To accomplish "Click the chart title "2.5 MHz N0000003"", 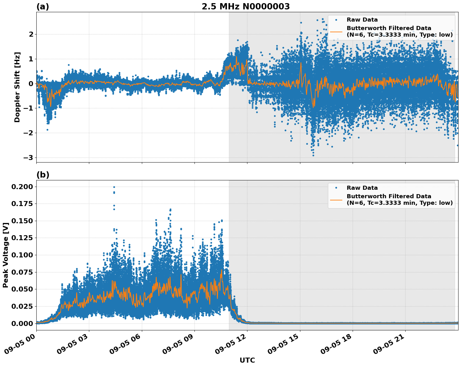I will [x=246, y=7].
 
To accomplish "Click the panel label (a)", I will [x=43, y=7].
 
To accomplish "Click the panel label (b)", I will [x=43, y=175].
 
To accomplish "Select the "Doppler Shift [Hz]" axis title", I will [x=17, y=87].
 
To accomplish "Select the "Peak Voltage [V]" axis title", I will [x=5, y=255].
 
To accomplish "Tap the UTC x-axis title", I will [x=247, y=360].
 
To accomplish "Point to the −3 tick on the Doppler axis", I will [x=28, y=158].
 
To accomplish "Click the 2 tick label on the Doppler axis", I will [x=31, y=34].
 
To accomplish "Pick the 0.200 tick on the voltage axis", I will [x=22, y=187].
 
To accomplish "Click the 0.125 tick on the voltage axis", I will [x=22, y=238].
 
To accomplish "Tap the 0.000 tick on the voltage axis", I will [x=22, y=323].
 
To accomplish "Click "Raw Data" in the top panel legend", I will [x=362, y=20].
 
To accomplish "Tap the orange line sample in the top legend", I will [x=336, y=31].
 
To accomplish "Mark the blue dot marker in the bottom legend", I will [x=336, y=188].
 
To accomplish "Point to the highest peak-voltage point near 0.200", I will [x=114, y=187].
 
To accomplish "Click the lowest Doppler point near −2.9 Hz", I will [x=313, y=155].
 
